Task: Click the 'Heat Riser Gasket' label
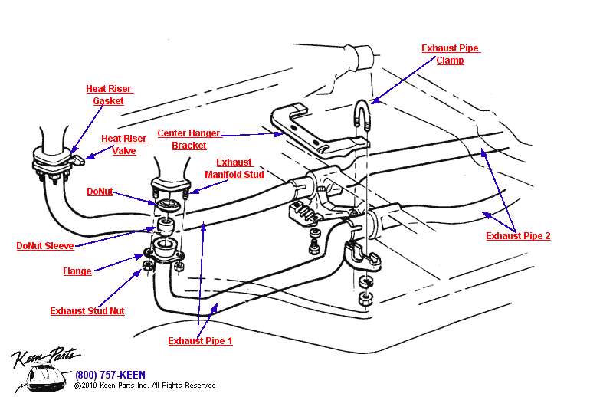pyautogui.click(x=108, y=94)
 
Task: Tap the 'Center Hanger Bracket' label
pyautogui.click(x=188, y=139)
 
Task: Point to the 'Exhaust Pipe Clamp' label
pyautogui.click(x=450, y=54)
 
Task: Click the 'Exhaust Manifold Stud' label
pyautogui.click(x=234, y=168)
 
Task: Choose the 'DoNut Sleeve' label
pyautogui.click(x=45, y=246)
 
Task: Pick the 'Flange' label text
pyautogui.click(x=77, y=271)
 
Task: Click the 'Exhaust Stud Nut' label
pyautogui.click(x=87, y=311)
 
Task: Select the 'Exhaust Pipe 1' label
pyautogui.click(x=200, y=340)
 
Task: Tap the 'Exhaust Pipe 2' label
pyautogui.click(x=518, y=236)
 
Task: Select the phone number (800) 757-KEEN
pyautogui.click(x=110, y=375)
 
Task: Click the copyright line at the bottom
pyautogui.click(x=145, y=386)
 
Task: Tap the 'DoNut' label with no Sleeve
pyautogui.click(x=100, y=192)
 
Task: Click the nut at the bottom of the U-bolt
pyautogui.click(x=366, y=296)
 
